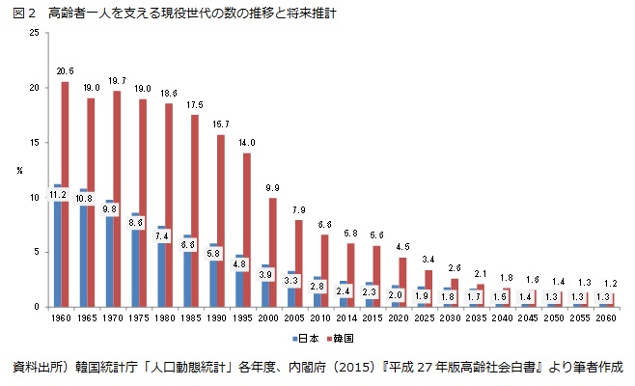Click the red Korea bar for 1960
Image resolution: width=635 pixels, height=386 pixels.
click(x=66, y=193)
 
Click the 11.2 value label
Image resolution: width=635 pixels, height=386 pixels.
click(x=57, y=195)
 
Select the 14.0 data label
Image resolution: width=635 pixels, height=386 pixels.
click(x=246, y=143)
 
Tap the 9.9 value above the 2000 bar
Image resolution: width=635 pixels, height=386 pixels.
click(x=272, y=187)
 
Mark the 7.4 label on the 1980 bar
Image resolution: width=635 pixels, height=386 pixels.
click(x=161, y=235)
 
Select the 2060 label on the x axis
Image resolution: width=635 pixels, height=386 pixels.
click(x=605, y=317)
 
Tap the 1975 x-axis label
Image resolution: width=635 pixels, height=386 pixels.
click(x=138, y=317)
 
